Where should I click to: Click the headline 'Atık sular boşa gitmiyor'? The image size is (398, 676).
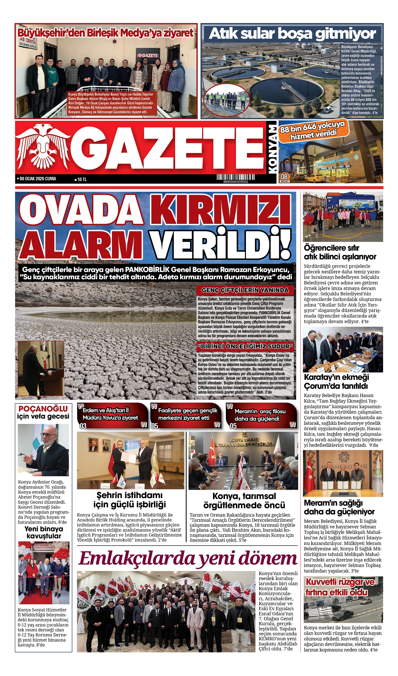pos(292,34)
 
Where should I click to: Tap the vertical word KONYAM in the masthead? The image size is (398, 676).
pos(272,149)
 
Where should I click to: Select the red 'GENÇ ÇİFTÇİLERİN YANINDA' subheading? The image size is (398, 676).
pos(245,290)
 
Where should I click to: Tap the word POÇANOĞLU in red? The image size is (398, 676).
pos(43,409)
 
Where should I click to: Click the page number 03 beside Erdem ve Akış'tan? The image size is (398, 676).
pos(83,426)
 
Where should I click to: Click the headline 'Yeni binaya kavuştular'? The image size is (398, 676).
pos(44,532)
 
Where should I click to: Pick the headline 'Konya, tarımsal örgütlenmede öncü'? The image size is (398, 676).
pos(244,500)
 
